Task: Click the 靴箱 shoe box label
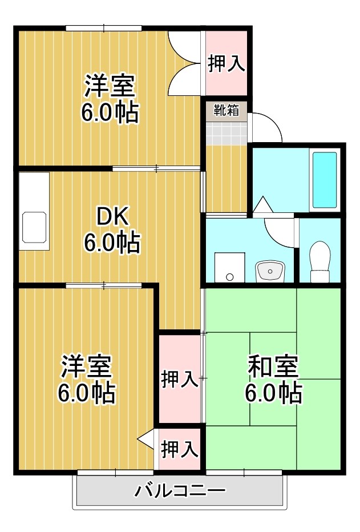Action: (x=226, y=110)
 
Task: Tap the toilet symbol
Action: (x=320, y=261)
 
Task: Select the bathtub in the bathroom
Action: (x=325, y=180)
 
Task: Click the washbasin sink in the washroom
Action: (x=270, y=272)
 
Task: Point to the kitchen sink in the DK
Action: (x=34, y=227)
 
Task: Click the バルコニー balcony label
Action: (x=180, y=490)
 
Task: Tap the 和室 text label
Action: (x=273, y=367)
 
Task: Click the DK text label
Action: (x=112, y=216)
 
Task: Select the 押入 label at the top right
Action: (x=226, y=63)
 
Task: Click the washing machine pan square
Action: (x=229, y=267)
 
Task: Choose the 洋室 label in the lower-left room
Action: (x=86, y=367)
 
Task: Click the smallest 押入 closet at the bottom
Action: (x=180, y=449)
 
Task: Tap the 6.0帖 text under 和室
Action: (x=273, y=393)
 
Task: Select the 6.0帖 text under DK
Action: (x=112, y=242)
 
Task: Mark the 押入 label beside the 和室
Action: (x=180, y=379)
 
